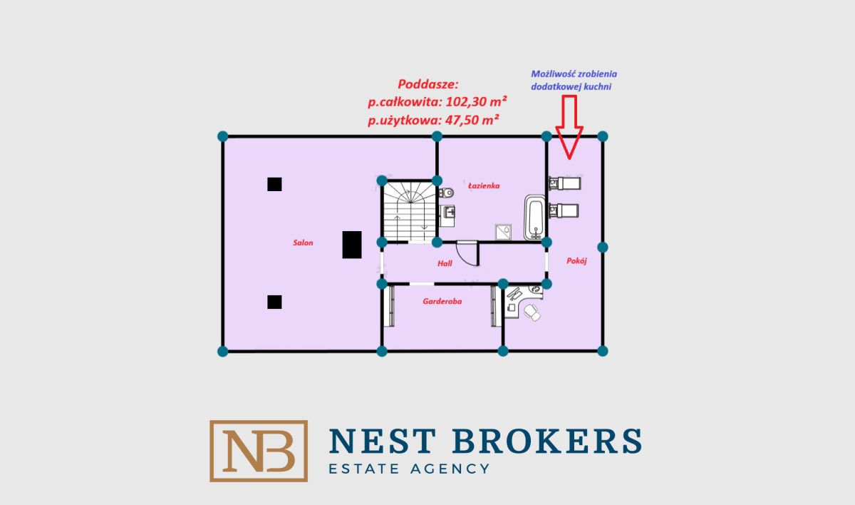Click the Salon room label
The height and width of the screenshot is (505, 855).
point(303,243)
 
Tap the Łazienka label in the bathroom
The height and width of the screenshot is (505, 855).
point(484,185)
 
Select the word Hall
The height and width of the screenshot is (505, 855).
point(445,263)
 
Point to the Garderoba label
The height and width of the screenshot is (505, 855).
point(442,302)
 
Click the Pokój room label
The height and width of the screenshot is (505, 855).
point(576,261)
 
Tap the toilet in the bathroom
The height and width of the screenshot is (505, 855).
point(446,193)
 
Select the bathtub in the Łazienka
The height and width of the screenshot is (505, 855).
point(535,218)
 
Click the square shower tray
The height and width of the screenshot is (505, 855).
point(504,232)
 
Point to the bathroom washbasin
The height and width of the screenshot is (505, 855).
point(447,211)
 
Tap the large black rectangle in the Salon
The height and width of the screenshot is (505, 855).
point(352,245)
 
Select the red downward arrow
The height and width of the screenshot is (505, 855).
point(569,127)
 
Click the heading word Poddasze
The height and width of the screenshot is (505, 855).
point(428,84)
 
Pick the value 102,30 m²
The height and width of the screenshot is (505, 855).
point(477,101)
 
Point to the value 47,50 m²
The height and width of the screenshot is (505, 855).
point(472,121)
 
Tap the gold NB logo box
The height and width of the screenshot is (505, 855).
point(259,451)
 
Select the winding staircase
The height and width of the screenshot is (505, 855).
point(410,211)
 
